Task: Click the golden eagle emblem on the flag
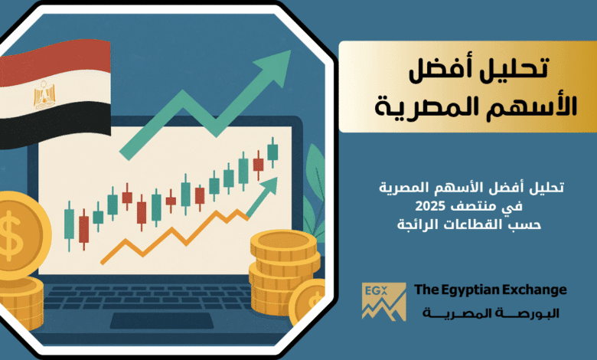coord(44,94)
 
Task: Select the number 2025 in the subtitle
coord(430,206)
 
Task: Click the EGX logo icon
coord(383,301)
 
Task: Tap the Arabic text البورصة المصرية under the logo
coord(491,313)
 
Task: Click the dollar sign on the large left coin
coord(11,235)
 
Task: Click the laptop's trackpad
coord(161,320)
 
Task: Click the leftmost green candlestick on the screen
coord(69,227)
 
